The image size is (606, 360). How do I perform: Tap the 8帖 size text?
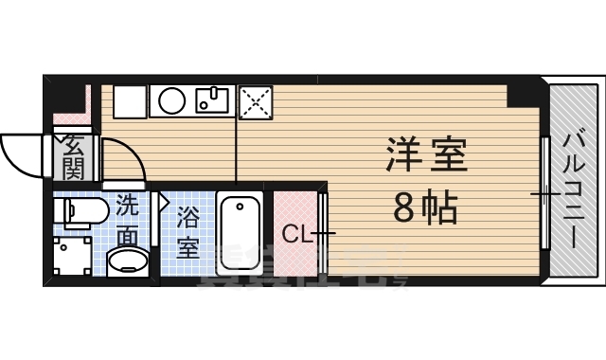(425, 206)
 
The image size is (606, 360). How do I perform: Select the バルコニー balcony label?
(574, 189)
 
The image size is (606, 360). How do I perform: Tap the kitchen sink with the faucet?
(213, 99)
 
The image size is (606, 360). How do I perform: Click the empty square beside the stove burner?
(131, 99)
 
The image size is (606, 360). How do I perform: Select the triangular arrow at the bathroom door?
(163, 202)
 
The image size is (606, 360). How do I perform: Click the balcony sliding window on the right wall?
(545, 193)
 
